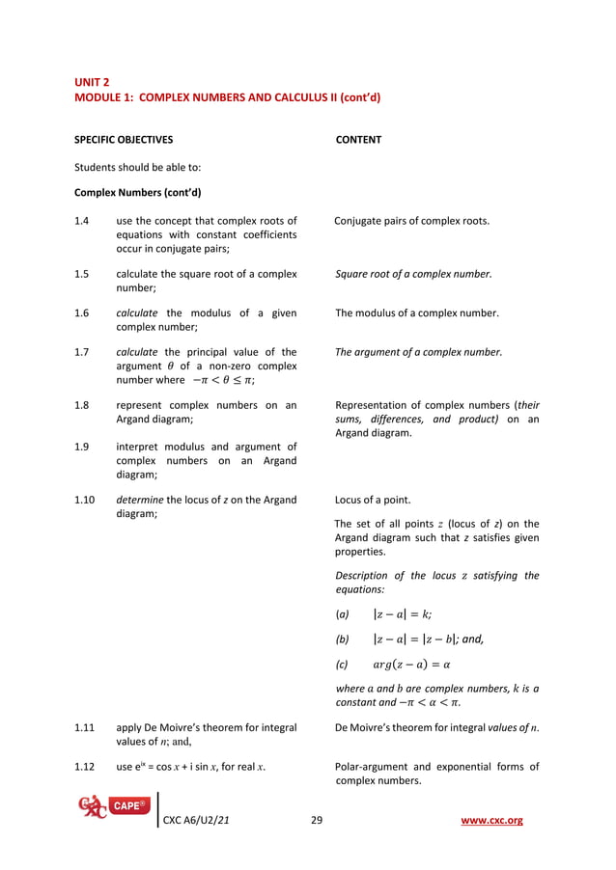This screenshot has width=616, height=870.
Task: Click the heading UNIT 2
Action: (92, 82)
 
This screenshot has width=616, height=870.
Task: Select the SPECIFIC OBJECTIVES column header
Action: (124, 140)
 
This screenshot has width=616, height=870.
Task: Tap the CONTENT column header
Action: (358, 140)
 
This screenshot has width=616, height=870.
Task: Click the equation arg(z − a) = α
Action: (411, 665)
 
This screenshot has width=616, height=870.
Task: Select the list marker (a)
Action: (341, 614)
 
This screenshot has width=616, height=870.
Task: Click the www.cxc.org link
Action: (493, 821)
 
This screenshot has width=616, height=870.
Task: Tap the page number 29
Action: (316, 821)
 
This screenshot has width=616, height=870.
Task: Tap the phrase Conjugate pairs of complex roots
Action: (411, 221)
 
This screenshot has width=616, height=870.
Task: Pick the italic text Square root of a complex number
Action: (413, 274)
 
